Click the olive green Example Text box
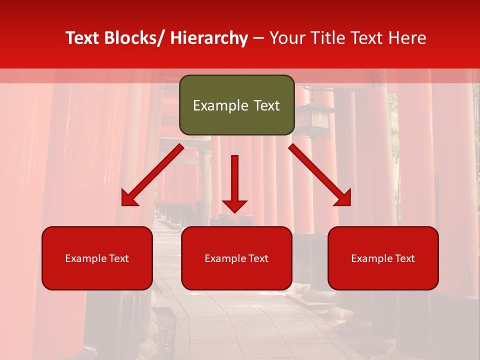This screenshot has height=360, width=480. coord(236,105)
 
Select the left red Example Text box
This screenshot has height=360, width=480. coord(97,258)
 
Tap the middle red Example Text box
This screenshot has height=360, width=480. coord(236,258)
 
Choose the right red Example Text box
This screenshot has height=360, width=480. coord(383,258)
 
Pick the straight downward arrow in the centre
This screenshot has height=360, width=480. coord(234,182)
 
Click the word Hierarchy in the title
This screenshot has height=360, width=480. coord(209,38)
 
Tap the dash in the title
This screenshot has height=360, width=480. coord(258,38)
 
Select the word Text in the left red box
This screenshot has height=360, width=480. coord(119,258)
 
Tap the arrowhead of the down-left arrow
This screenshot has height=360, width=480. coord(129,198)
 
